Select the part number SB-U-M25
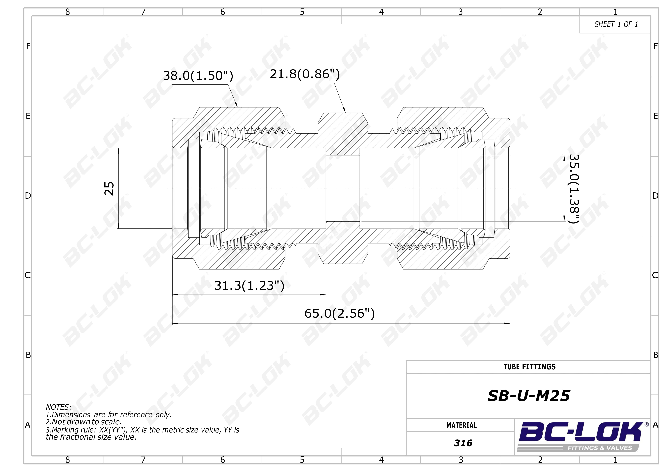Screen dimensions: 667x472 click(529, 396)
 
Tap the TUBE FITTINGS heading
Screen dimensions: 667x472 click(530, 367)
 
